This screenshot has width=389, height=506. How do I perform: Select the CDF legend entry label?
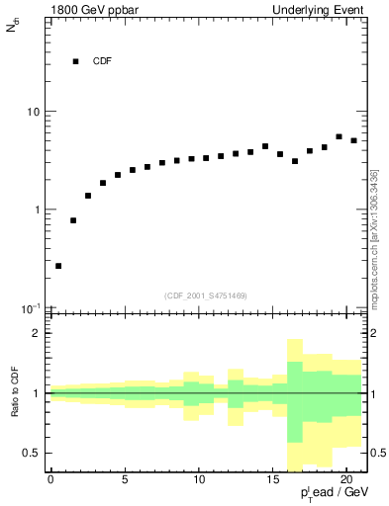103,61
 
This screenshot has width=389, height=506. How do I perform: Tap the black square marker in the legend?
75,61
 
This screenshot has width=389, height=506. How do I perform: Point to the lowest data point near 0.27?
58,266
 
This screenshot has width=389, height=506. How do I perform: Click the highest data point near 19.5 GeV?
339,136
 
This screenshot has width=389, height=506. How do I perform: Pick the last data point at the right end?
353,140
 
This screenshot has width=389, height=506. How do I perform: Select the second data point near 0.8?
73,220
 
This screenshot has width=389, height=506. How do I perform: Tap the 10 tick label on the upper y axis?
33,112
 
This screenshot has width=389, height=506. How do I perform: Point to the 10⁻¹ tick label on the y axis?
31,308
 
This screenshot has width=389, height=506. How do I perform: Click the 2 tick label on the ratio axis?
36,334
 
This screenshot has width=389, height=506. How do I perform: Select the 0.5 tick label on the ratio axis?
31,453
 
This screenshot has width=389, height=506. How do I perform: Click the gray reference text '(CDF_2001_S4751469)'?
206,295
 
